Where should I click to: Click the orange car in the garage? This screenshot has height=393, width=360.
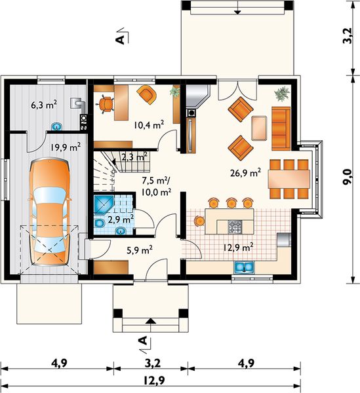pyautogui.click(x=50, y=212)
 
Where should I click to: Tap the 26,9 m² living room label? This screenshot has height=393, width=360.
pyautogui.click(x=245, y=172)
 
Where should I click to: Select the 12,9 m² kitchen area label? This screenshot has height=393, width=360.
pyautogui.click(x=238, y=248)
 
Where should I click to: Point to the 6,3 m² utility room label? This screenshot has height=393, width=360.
pyautogui.click(x=44, y=105)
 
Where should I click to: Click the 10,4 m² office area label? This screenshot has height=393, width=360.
pyautogui.click(x=149, y=124)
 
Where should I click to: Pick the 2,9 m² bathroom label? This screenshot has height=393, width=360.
pyautogui.click(x=121, y=220)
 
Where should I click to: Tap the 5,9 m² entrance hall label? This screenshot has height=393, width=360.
pyautogui.click(x=140, y=250)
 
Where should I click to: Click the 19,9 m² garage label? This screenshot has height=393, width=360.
pyautogui.click(x=66, y=147)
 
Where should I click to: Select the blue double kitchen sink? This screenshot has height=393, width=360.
pyautogui.click(x=244, y=267)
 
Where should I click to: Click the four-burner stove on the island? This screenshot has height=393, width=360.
pyautogui.click(x=235, y=227)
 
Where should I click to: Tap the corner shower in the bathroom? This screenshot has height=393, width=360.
pyautogui.click(x=104, y=205)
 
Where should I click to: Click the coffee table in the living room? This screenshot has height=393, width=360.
pyautogui.click(x=259, y=128)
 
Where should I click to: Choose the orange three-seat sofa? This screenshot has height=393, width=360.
pyautogui.click(x=281, y=128)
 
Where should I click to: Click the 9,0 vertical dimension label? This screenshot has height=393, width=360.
pyautogui.click(x=348, y=177)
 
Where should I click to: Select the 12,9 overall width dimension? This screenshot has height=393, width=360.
pyautogui.click(x=154, y=381)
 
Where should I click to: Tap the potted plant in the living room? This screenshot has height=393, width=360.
pyautogui.click(x=282, y=94)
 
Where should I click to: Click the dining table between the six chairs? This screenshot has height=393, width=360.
pyautogui.click(x=289, y=179)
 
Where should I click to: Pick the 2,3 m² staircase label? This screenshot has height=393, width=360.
pyautogui.click(x=134, y=157)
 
